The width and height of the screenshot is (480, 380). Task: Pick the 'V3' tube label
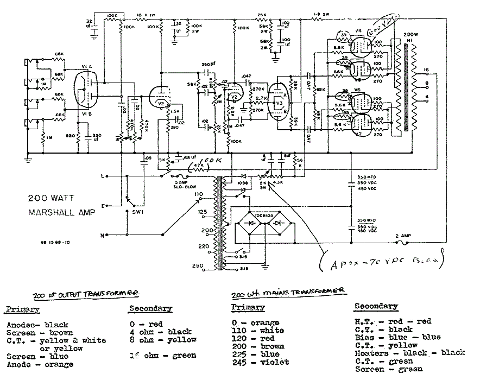click(x=279, y=103)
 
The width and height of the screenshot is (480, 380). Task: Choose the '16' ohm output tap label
click(x=426, y=69)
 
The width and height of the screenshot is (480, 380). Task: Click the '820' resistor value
click(x=69, y=135)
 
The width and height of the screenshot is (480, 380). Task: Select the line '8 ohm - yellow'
click(x=162, y=340)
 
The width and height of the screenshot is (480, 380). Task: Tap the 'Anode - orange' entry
click(x=40, y=364)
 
